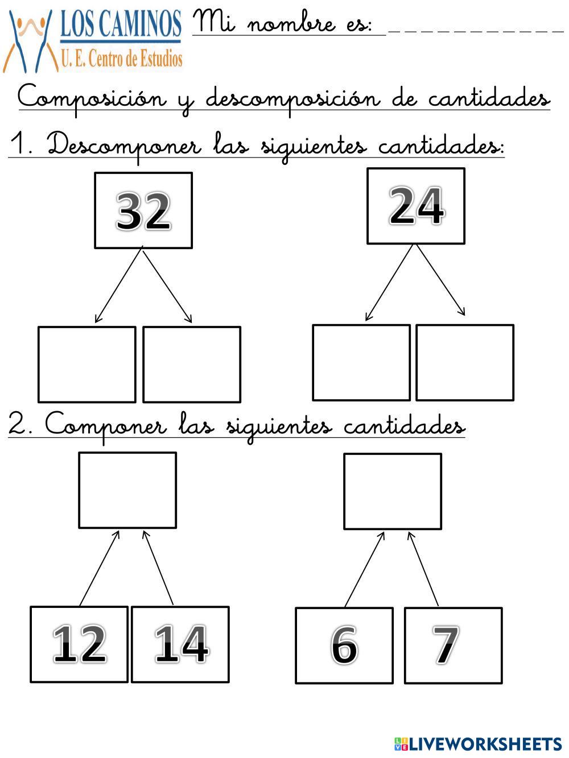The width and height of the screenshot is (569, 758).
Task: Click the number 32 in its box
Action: pos(143,210)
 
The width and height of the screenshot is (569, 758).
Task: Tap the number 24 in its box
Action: pos(416,206)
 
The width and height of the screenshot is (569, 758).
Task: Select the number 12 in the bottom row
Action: pos(79,644)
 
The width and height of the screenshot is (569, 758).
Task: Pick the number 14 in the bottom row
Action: pos(180,644)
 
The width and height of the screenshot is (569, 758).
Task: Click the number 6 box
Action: pos(344,645)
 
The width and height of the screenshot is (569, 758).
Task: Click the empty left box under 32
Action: pos(86,364)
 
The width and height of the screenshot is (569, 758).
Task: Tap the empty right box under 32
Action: pos(192,364)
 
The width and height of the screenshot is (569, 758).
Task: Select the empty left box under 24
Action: pos(361,362)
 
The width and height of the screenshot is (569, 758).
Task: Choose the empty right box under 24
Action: pos(465,362)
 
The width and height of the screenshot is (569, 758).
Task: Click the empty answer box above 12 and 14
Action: pos(127,490)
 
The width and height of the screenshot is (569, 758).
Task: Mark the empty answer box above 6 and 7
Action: pos(393,491)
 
